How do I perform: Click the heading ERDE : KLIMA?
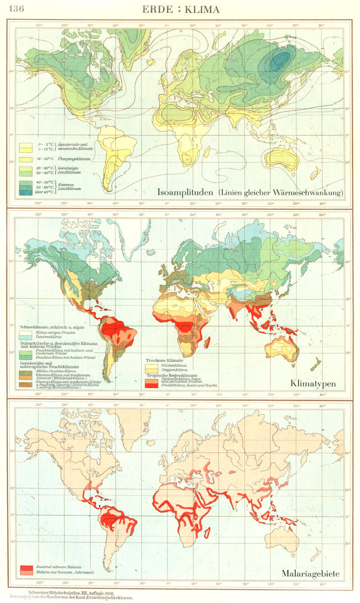tap(180, 9)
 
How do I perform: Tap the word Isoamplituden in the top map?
tap(185, 193)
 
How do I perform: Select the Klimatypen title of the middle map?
tap(313, 384)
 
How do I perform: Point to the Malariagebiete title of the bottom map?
tap(310, 574)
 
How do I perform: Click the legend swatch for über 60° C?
tap(26, 192)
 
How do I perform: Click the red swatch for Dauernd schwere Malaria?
tap(26, 567)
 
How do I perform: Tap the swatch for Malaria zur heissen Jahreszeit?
tap(26, 572)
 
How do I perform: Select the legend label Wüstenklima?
tap(174, 366)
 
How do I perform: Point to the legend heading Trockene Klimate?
tap(165, 361)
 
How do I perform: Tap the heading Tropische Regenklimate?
tap(172, 376)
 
